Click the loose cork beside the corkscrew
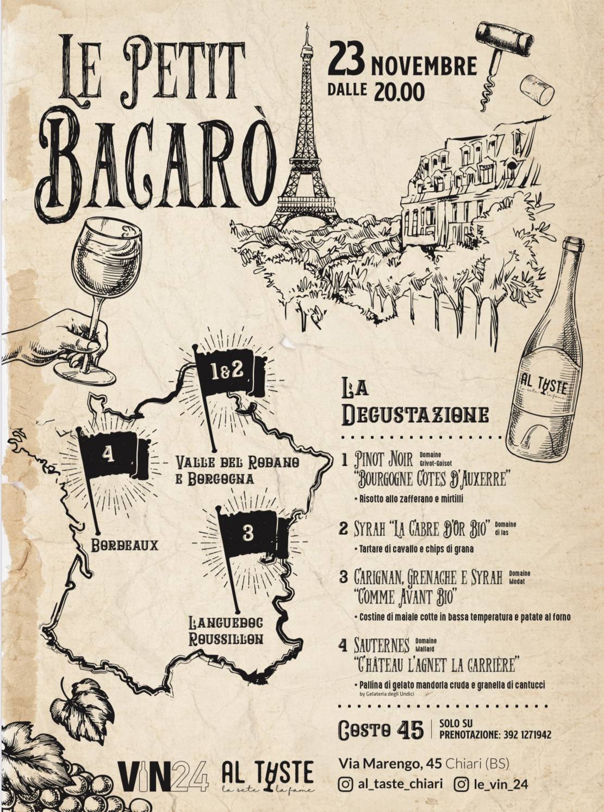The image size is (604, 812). [537, 90]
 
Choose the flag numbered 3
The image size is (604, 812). [251, 533]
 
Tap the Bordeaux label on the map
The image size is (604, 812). [124, 545]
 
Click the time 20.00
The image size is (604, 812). [399, 92]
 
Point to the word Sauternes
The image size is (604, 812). [381, 646]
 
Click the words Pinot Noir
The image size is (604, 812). [383, 459]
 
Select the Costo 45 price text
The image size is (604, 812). [380, 730]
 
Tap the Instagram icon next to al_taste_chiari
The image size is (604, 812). [345, 784]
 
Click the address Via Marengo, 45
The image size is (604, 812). [390, 764]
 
